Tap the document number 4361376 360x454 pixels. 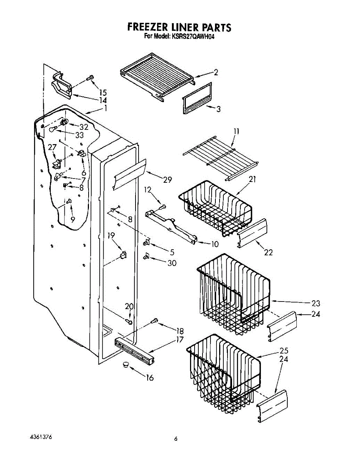click(41, 437)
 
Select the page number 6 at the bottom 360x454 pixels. click(176, 439)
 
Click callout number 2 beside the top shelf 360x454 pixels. click(216, 73)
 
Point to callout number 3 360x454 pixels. click(218, 109)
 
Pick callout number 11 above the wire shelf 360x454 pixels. click(236, 131)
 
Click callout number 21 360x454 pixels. click(252, 180)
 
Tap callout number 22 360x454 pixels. click(268, 252)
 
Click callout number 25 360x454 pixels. click(284, 350)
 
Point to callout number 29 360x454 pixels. click(168, 180)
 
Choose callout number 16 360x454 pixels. click(150, 378)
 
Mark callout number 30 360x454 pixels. click(172, 263)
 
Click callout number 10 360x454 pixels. click(214, 244)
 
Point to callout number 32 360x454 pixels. click(84, 127)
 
